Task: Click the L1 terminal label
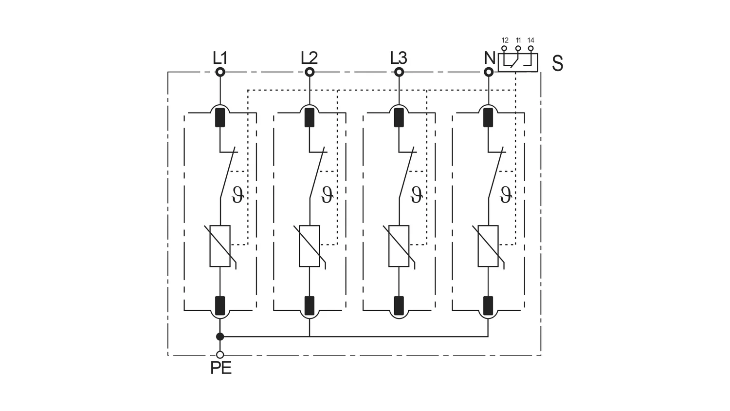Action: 220,58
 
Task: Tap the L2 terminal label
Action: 309,58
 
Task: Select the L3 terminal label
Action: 399,58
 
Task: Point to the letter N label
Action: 490,58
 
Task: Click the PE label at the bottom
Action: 221,368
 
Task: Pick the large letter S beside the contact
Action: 558,63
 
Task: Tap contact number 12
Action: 505,40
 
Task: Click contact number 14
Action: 530,40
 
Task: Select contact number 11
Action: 518,40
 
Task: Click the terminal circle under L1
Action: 220,72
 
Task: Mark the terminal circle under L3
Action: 399,72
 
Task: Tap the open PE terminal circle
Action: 220,355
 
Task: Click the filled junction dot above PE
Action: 220,336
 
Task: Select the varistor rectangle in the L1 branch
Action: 220,246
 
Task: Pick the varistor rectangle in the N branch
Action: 488,246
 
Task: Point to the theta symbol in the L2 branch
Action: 327,195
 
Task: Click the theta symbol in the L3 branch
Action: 417,195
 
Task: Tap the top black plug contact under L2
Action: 310,117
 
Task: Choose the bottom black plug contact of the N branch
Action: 488,306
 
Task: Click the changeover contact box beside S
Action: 518,62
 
